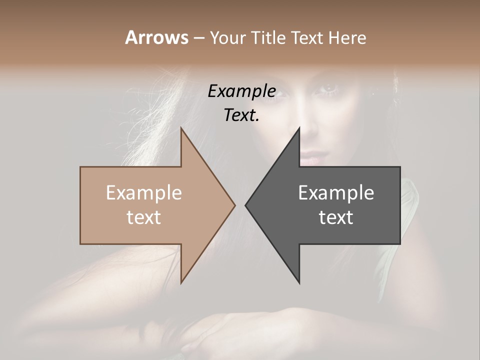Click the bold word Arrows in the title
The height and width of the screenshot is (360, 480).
[x=156, y=37]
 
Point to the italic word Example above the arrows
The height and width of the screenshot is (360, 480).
[x=241, y=91]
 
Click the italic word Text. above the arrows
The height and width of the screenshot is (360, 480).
[x=241, y=115]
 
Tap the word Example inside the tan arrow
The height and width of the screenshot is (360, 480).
[x=144, y=193]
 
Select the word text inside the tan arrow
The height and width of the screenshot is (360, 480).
[x=144, y=217]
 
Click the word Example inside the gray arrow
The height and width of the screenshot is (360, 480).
[x=336, y=193]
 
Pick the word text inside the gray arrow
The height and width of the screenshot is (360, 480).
[x=336, y=217]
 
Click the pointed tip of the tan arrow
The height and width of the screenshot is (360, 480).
[x=234, y=205]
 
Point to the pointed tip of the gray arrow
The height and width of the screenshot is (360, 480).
[x=245, y=205]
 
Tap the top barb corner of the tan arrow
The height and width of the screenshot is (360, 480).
[x=181, y=128]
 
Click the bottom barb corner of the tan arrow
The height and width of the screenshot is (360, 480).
[x=181, y=283]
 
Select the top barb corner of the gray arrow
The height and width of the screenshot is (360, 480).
[x=299, y=128]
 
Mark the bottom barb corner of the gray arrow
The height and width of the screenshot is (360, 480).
[x=299, y=283]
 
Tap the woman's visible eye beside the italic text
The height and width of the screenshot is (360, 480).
[x=329, y=89]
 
